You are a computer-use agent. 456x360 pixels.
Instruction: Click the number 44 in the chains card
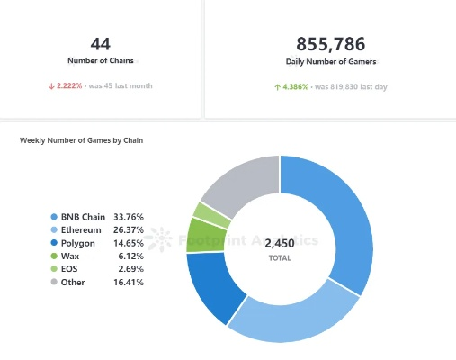point(101,43)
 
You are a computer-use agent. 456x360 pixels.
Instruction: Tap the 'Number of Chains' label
point(101,61)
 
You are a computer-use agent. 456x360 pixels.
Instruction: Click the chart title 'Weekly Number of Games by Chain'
point(81,140)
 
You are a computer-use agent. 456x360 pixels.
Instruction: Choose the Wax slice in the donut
point(206,234)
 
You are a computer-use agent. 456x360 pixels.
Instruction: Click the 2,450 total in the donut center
point(280,242)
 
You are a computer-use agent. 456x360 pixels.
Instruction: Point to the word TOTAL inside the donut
point(280,257)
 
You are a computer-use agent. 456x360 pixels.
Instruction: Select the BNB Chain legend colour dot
point(54,217)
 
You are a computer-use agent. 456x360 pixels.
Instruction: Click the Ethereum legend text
point(81,229)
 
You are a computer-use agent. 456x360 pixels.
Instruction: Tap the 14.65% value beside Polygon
point(127,243)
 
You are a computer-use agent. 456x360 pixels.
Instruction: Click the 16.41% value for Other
point(127,282)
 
